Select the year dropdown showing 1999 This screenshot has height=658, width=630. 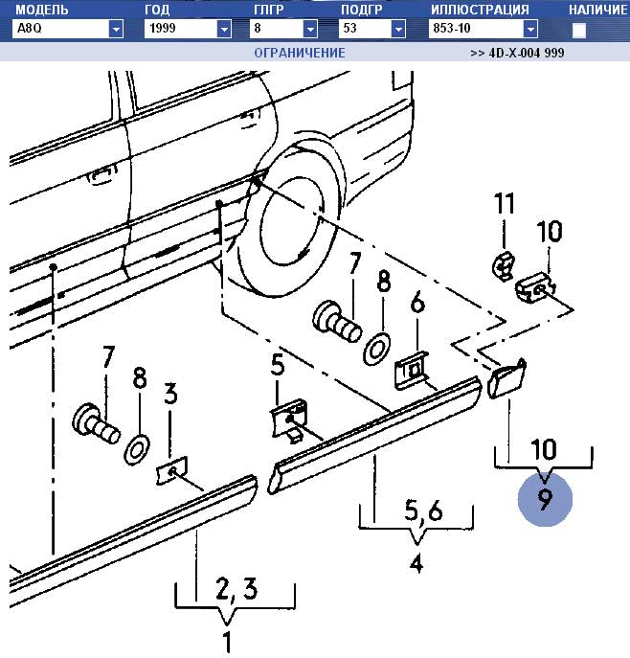pos(188,30)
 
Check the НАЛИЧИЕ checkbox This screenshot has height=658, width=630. pos(579,31)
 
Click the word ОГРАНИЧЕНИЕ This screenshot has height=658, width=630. pos(299,54)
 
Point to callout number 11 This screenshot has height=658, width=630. pos(505,204)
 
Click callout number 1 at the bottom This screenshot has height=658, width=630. pos(227,642)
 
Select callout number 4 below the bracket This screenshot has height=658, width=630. pos(416,564)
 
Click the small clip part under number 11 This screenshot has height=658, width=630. pos(502,264)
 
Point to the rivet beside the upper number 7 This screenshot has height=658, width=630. pos(335,320)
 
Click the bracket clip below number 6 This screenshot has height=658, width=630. pos(413,370)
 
